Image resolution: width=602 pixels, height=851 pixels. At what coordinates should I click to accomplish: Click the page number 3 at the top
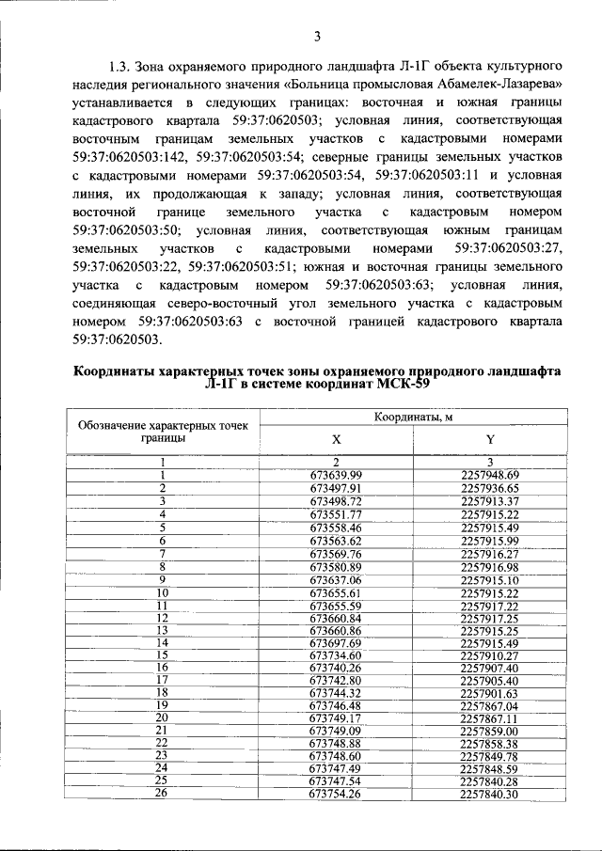pos(317,37)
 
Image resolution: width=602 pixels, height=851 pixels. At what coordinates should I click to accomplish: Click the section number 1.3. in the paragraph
pos(120,69)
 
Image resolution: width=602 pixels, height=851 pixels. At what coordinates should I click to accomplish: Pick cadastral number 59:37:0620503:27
pos(508,249)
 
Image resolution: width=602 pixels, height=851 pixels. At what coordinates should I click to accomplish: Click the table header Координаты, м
pos(412,417)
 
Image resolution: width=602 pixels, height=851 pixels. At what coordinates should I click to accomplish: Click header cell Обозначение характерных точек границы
pos(163,432)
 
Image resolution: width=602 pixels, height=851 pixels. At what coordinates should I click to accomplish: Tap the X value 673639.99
pos(336,475)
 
